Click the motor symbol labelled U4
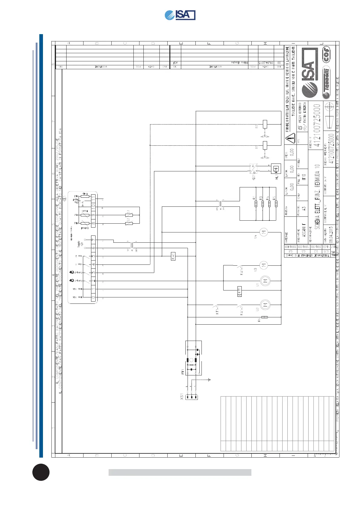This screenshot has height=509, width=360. (x=263, y=232)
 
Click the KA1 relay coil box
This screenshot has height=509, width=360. (x=173, y=256)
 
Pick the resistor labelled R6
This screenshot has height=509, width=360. (x=265, y=317)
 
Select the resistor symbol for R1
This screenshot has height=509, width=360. (x=256, y=204)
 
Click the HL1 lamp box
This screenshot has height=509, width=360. (x=276, y=169)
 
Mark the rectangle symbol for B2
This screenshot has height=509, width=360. (x=265, y=124)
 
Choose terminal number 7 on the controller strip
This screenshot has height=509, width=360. (x=93, y=240)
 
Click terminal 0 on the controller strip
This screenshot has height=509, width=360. (x=93, y=297)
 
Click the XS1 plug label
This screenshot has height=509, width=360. (x=182, y=397)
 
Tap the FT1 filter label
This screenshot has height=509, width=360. (x=183, y=372)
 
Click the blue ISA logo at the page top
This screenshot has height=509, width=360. (x=180, y=15)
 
